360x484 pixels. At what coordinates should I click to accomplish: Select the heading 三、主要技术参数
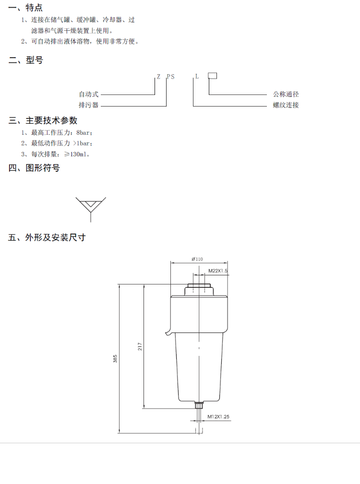(43, 120)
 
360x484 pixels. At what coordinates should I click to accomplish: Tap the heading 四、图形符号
(34, 168)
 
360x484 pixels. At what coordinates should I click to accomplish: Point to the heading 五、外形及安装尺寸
(47, 237)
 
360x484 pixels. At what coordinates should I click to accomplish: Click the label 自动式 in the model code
(89, 94)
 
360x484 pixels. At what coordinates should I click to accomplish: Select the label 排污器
(89, 105)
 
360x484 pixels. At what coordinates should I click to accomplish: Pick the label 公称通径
(286, 94)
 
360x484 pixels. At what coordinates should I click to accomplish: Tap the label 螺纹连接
(286, 105)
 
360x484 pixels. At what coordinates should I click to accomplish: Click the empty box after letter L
(212, 76)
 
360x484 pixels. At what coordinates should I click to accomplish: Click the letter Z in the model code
(158, 77)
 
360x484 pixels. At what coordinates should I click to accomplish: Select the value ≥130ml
(76, 154)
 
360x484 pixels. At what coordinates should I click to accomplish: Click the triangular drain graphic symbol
(90, 206)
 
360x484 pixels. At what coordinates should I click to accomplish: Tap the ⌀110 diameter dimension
(197, 259)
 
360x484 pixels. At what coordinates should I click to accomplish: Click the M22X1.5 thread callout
(217, 271)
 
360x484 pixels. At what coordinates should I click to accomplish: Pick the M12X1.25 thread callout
(218, 416)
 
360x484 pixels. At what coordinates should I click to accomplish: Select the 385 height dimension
(115, 359)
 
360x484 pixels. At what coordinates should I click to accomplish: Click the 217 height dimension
(140, 346)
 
